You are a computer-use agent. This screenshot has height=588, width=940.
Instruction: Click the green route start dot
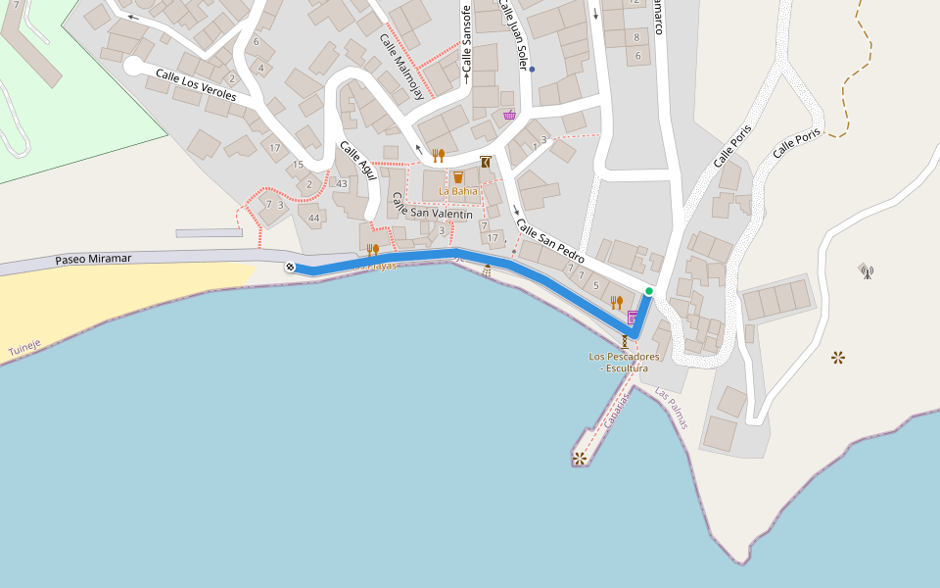point(649,291)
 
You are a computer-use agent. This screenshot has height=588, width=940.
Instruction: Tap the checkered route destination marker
point(290,268)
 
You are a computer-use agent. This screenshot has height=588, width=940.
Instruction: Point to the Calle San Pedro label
point(549,241)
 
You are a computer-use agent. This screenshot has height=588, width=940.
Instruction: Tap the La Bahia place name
point(457,191)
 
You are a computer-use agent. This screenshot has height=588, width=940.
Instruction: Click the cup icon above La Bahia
point(457,177)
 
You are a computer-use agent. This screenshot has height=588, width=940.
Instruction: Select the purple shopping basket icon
point(509,115)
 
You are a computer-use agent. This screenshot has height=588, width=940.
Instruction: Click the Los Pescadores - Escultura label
point(624,363)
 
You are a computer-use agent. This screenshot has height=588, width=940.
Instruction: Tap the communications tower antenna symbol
point(865,269)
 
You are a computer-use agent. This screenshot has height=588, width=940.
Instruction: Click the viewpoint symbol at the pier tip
point(580,458)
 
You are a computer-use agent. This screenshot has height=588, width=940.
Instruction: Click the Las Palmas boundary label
point(672,409)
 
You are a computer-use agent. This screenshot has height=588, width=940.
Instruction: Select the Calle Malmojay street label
point(401,67)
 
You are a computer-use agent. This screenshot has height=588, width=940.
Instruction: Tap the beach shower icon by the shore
point(487,270)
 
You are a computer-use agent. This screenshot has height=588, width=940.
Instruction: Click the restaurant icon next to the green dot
point(616,302)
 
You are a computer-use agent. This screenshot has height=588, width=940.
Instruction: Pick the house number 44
point(313,218)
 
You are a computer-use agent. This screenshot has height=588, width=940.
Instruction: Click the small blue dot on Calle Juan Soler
point(532,70)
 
